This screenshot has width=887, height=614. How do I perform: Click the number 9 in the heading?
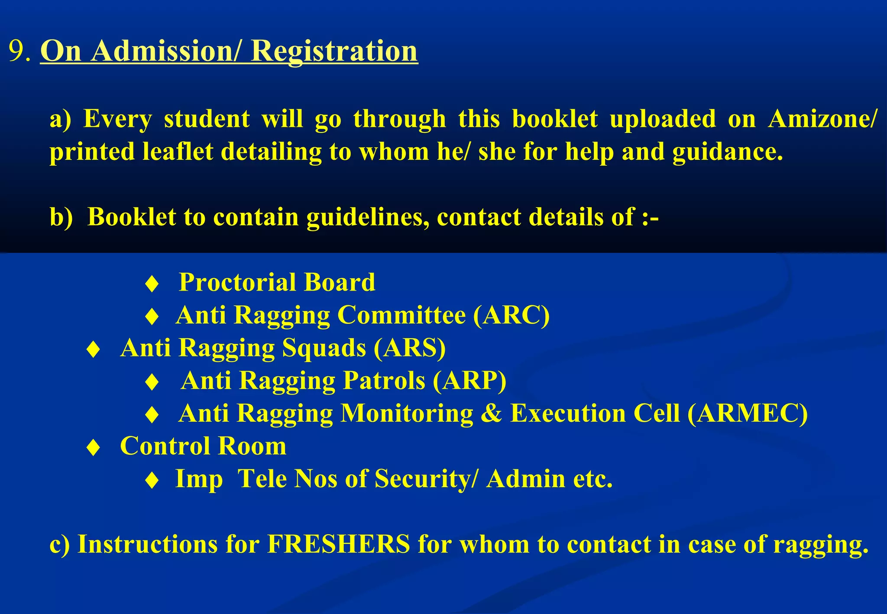pyautogui.click(x=17, y=51)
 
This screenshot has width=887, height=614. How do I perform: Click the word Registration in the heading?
pyautogui.click(x=334, y=51)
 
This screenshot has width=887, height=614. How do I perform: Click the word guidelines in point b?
pyautogui.click(x=368, y=217)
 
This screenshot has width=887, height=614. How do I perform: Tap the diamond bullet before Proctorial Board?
pyautogui.click(x=152, y=284)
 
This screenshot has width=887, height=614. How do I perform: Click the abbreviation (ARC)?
pyautogui.click(x=511, y=315)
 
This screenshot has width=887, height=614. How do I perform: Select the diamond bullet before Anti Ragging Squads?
pyautogui.click(x=94, y=349)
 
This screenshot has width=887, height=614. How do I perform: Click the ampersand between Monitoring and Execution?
pyautogui.click(x=491, y=413)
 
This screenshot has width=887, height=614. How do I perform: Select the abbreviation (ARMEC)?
pyautogui.click(x=748, y=413)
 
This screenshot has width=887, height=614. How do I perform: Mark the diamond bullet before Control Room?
pyautogui.click(x=94, y=447)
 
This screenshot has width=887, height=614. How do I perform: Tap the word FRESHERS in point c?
pyautogui.click(x=338, y=544)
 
